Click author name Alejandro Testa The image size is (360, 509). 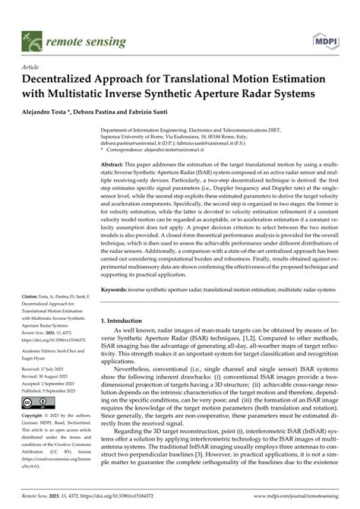click(46, 112)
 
